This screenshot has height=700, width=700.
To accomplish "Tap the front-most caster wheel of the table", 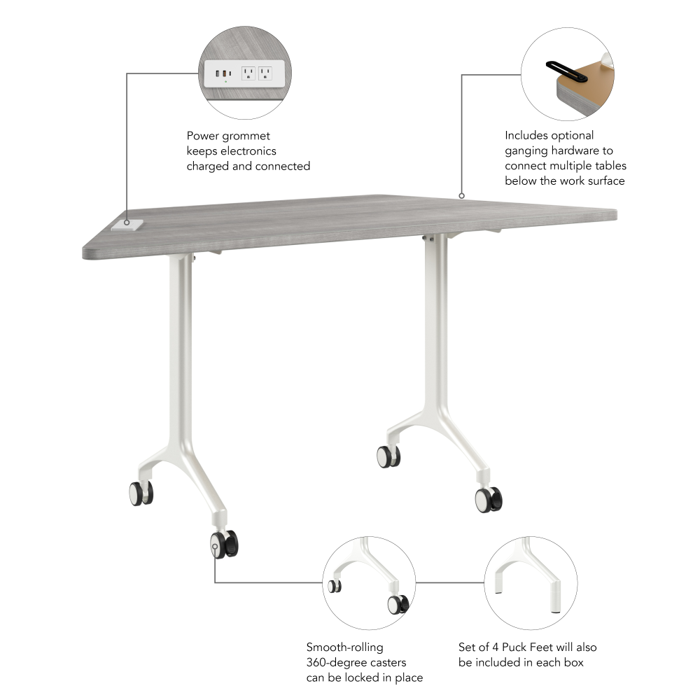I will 223,544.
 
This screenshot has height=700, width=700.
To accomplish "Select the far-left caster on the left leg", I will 141,493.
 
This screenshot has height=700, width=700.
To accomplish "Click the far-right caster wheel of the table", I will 488,499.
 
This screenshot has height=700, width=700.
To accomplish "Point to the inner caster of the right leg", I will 388,456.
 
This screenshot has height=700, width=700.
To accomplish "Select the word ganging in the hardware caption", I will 528,150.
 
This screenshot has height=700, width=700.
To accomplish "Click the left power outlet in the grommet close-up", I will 248,73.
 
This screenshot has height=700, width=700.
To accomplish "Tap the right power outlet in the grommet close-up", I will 265,73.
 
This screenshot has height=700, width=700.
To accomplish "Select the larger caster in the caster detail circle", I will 398,604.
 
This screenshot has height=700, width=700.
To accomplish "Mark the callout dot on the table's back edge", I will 461,195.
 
